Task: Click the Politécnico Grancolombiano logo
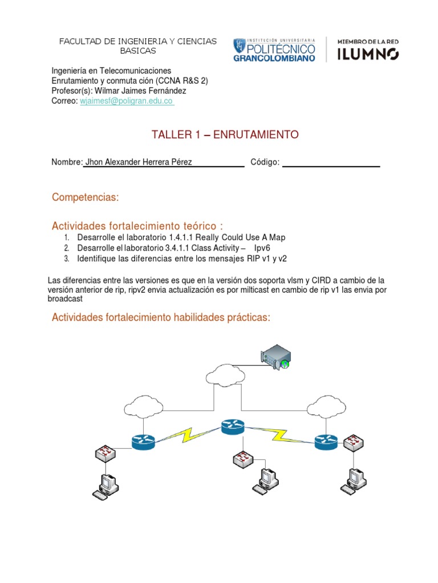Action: (x=274, y=50)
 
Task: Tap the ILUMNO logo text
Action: (x=368, y=54)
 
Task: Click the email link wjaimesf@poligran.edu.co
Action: (x=126, y=101)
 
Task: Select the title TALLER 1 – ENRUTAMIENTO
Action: (x=225, y=134)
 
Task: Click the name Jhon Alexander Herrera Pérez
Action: (x=139, y=162)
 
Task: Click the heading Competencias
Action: (x=86, y=197)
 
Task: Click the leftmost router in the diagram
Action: (x=143, y=441)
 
